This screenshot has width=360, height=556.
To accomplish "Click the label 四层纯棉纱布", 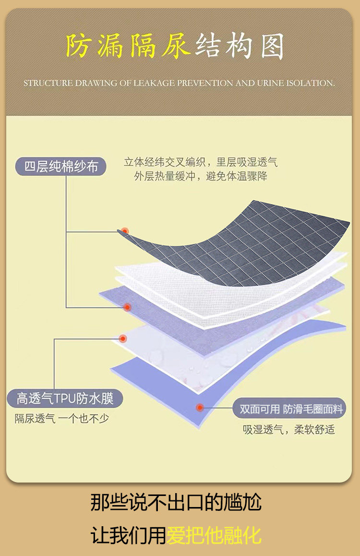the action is point(61,166).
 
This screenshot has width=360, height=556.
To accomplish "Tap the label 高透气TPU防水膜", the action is point(64,399).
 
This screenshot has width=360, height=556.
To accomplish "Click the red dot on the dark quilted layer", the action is point(125,231).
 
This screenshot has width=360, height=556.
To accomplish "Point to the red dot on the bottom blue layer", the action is point(200,408).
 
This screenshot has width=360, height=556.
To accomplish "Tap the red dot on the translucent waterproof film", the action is point(123,338).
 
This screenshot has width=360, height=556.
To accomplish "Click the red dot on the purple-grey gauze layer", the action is point(127,307).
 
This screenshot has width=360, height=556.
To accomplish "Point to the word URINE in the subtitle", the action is point(271,83).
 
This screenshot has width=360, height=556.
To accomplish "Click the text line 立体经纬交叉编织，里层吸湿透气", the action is point(201,162).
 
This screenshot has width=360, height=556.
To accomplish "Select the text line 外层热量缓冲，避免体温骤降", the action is point(201,176).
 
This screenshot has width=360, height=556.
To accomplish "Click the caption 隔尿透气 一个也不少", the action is point(61,418).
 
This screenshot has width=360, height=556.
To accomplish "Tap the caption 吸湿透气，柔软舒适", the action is point(288,429).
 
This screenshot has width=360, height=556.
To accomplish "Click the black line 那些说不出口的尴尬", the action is point(176,503).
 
